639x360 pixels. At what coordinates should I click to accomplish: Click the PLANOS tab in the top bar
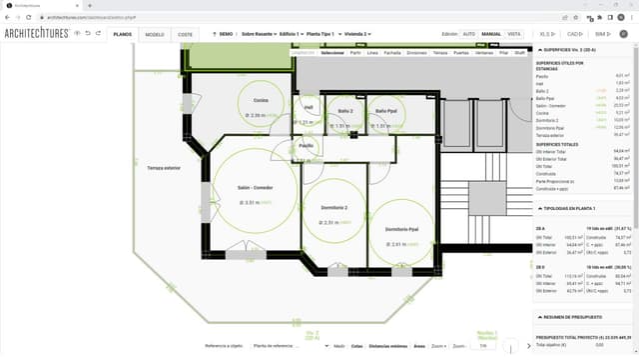(122, 34)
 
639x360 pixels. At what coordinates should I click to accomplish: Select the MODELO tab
(155, 34)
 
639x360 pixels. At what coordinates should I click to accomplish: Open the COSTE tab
(186, 34)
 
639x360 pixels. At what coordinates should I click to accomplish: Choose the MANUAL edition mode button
(491, 34)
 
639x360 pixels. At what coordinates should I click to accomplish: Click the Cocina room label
(261, 100)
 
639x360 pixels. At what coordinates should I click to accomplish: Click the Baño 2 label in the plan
(345, 110)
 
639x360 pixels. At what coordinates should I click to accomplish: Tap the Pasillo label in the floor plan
(307, 145)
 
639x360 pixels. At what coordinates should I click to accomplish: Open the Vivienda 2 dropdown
(353, 34)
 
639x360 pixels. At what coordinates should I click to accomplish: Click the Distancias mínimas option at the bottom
(387, 345)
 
